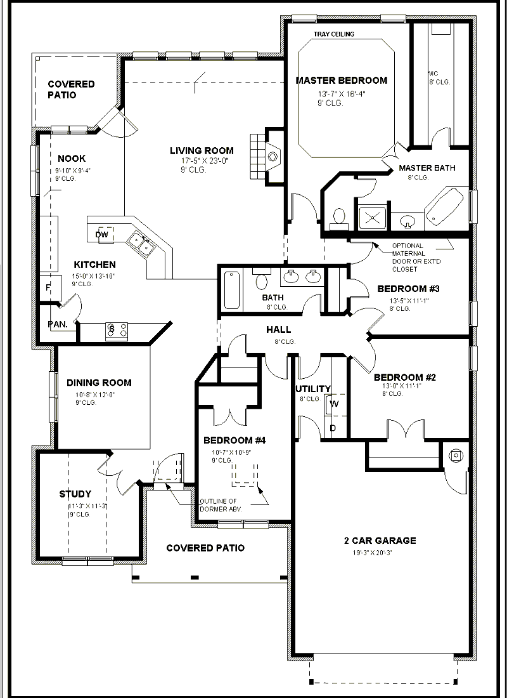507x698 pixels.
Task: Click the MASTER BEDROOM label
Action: [341, 81]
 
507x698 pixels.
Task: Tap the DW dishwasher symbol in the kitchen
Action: [103, 234]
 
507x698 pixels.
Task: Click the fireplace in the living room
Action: [271, 155]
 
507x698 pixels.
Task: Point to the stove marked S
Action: [115, 329]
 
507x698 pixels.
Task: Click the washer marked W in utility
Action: [334, 404]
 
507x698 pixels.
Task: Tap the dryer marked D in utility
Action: [333, 428]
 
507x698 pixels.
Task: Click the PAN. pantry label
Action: [58, 324]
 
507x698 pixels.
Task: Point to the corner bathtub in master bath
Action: [446, 206]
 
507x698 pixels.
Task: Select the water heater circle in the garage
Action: [456, 455]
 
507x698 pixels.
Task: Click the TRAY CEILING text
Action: [334, 34]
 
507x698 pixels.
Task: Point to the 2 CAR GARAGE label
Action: [380, 541]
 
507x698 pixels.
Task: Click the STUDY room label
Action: [75, 494]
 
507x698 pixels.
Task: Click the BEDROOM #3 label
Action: [408, 289]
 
